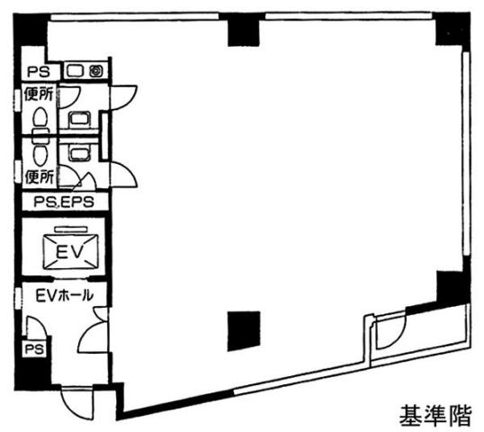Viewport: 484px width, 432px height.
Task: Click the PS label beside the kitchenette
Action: point(39,72)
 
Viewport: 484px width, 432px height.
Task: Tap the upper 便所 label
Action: point(40,94)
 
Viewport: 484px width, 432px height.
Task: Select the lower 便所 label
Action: point(40,177)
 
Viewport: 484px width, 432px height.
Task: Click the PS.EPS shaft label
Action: point(64,202)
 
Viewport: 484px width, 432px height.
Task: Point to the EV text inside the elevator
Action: point(70,251)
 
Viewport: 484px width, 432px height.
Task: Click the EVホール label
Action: point(65,295)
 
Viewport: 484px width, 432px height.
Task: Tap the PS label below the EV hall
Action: point(34,349)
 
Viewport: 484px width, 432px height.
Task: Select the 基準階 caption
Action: point(435,416)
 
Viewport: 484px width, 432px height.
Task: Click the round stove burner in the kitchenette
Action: point(96,71)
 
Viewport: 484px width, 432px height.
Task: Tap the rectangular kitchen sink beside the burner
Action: point(76,71)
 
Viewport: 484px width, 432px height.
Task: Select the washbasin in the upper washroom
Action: point(80,120)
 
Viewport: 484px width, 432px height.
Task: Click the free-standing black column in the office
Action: point(244,331)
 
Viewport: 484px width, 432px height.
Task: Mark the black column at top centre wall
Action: point(244,31)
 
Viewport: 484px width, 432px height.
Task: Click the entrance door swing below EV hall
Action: point(76,404)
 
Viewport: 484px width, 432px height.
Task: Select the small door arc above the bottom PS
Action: point(37,326)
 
